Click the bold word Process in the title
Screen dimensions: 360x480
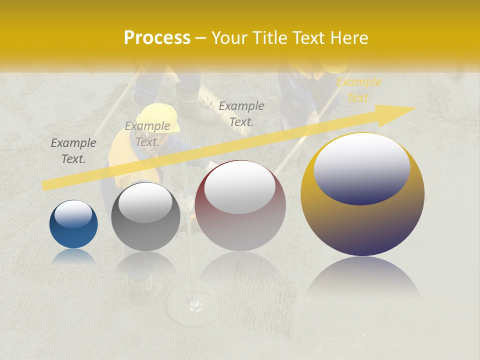157,38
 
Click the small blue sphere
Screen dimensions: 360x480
73,224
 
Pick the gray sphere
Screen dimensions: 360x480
145,216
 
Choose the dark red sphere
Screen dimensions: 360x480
240,205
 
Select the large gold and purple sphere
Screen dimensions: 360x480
362,194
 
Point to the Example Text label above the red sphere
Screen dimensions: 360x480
241,113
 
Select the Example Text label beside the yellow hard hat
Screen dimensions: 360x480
147,134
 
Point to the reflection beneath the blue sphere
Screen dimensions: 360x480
73,256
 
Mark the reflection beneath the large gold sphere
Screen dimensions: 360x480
362,278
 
